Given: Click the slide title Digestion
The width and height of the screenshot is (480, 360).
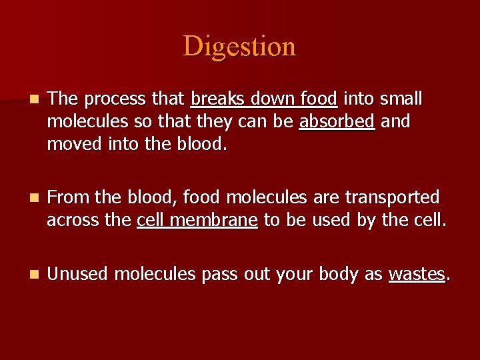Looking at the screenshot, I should tap(239, 47).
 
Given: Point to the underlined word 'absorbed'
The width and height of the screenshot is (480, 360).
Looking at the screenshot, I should tap(337, 122).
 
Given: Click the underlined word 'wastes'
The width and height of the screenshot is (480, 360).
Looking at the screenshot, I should tap(416, 274).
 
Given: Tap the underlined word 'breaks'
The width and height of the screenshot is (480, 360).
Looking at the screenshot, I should tap(215, 99).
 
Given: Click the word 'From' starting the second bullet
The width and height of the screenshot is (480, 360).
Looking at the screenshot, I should tap(69, 198).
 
